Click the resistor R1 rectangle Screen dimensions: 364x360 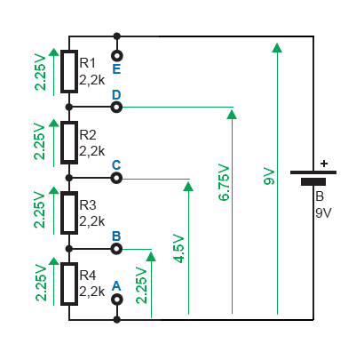coord(69,71)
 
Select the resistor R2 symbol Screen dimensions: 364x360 coord(69,142)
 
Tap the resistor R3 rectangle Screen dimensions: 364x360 coord(69,212)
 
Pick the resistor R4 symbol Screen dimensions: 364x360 coord(69,284)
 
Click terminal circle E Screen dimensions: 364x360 coord(117,56)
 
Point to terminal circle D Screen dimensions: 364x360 coord(116,107)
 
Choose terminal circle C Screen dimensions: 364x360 coord(116,178)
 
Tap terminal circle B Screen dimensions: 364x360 coord(116,249)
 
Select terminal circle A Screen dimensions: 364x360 coord(117,300)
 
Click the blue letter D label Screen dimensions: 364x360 coord(116,95)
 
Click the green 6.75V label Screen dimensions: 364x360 coord(224,183)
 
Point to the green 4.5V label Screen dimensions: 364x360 coord(178,249)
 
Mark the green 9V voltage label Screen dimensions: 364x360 coord(269,177)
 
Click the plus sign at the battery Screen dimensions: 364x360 coord(324,164)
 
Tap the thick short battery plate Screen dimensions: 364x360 coord(313,181)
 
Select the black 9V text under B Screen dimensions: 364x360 coord(323,213)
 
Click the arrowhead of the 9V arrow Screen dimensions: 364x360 coord(277,47)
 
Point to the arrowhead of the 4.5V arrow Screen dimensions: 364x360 coord(188,186)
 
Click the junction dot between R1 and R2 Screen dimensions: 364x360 coord(69,107)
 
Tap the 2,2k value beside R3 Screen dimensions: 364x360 coord(92,221)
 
